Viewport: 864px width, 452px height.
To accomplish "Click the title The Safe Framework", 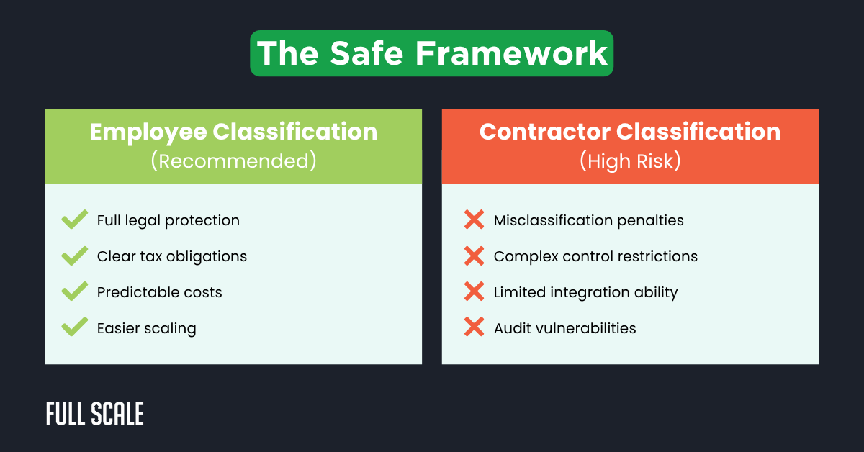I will [432, 53].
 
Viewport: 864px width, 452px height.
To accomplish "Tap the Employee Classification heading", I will [233, 132].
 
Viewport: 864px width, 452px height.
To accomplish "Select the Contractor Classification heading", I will [630, 132].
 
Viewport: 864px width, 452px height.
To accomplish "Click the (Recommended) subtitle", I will [233, 161].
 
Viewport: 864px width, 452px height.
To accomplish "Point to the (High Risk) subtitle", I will [630, 161].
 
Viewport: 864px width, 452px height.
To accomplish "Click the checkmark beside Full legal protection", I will [75, 220].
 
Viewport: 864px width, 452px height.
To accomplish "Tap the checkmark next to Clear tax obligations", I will [75, 256].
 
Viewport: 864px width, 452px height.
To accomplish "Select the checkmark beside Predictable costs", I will [75, 292].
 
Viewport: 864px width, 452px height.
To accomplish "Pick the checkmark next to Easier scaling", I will [75, 328].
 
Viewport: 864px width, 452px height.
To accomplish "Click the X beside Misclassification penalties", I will [474, 220].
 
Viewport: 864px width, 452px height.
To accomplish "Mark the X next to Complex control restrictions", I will [474, 256].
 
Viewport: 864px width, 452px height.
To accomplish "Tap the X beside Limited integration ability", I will [474, 292].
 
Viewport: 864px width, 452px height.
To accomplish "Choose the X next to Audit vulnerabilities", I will [474, 328].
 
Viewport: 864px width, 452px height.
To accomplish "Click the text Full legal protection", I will [168, 220].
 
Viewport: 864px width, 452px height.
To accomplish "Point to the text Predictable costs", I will [160, 292].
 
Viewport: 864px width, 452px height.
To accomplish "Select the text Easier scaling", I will [147, 328].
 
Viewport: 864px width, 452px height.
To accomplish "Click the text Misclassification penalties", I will [589, 220].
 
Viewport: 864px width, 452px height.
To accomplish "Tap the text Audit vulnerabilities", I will [565, 328].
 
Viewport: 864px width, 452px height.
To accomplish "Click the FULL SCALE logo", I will [95, 414].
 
